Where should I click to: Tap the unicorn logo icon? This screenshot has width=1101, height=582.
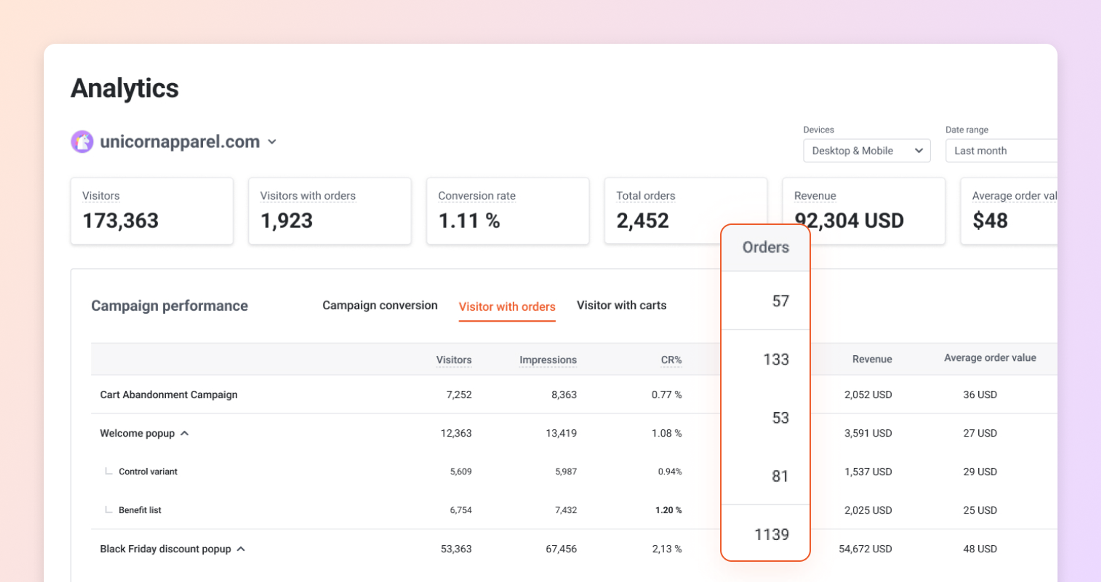[x=82, y=141]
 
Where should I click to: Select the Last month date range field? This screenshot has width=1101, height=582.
[x=1000, y=151]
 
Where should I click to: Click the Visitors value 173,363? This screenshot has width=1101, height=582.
[x=120, y=221]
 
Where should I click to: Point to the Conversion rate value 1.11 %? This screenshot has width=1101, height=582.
[x=469, y=221]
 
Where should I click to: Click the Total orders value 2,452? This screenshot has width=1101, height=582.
[x=642, y=221]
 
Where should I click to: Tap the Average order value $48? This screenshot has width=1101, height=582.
[x=990, y=221]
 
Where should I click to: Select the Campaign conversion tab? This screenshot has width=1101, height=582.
[x=380, y=305]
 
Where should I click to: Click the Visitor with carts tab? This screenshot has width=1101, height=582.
[x=621, y=305]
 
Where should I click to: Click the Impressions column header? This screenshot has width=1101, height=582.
[x=548, y=360]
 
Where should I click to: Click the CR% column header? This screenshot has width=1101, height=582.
[x=671, y=360]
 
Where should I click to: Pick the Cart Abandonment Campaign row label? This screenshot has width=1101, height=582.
[x=168, y=394]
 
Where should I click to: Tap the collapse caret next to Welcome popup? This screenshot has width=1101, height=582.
[x=185, y=433]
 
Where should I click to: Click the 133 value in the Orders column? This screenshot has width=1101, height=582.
[x=776, y=359]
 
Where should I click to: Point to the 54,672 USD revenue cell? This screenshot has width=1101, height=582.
[x=865, y=549]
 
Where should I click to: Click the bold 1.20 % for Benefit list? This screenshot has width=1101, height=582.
[x=668, y=510]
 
